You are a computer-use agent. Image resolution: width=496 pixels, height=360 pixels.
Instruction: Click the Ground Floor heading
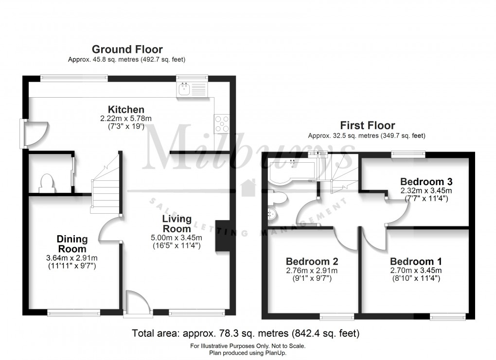tap(127, 49)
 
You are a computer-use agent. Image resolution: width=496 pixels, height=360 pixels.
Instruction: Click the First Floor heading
tap(367, 126)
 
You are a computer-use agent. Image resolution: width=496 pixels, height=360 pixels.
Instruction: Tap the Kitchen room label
tap(126, 109)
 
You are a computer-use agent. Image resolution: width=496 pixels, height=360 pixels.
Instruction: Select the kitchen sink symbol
tap(184, 89)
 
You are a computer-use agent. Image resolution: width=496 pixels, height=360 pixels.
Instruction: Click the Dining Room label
tap(72, 243)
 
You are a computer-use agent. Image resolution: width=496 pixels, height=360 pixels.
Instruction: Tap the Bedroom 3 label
tap(426, 182)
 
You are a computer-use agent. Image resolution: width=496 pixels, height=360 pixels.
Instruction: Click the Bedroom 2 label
tap(312, 261)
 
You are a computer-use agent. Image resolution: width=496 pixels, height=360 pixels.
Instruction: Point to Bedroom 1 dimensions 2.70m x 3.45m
tap(415, 271)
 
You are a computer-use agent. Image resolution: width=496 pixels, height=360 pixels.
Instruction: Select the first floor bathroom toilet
tap(279, 198)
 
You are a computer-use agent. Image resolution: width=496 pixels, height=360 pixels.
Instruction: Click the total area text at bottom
tap(246, 334)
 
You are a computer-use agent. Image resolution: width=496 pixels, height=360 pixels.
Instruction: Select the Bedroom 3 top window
tap(408, 154)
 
